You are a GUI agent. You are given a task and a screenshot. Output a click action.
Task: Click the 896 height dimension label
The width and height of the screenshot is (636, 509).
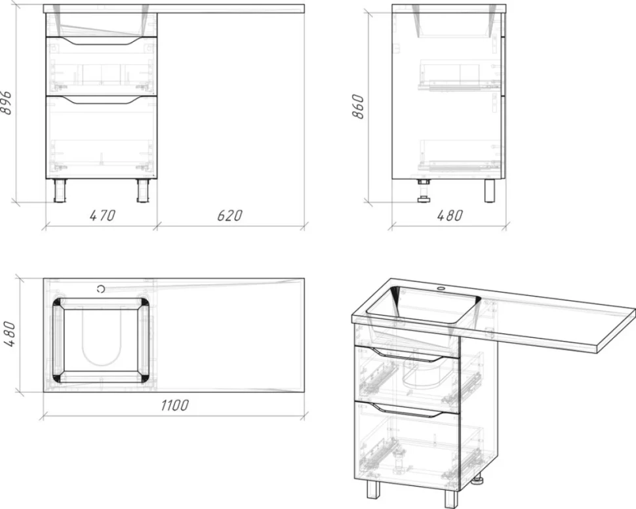pyautogui.click(x=7, y=104)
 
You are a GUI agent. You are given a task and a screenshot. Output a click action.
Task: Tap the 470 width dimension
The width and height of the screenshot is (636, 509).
pyautogui.click(x=103, y=215)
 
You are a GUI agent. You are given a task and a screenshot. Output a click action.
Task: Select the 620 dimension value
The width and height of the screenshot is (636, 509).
pyautogui.click(x=229, y=215)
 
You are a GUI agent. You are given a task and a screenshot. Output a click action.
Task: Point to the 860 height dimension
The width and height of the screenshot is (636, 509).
pyautogui.click(x=358, y=106)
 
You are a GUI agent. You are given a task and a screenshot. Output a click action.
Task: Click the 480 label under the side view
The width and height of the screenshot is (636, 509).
pyautogui.click(x=450, y=215)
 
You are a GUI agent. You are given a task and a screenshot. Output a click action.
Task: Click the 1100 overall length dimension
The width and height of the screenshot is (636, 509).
pyautogui.click(x=174, y=405)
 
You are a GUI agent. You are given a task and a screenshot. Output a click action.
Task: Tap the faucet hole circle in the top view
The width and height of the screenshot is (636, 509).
pyautogui.click(x=101, y=289)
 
